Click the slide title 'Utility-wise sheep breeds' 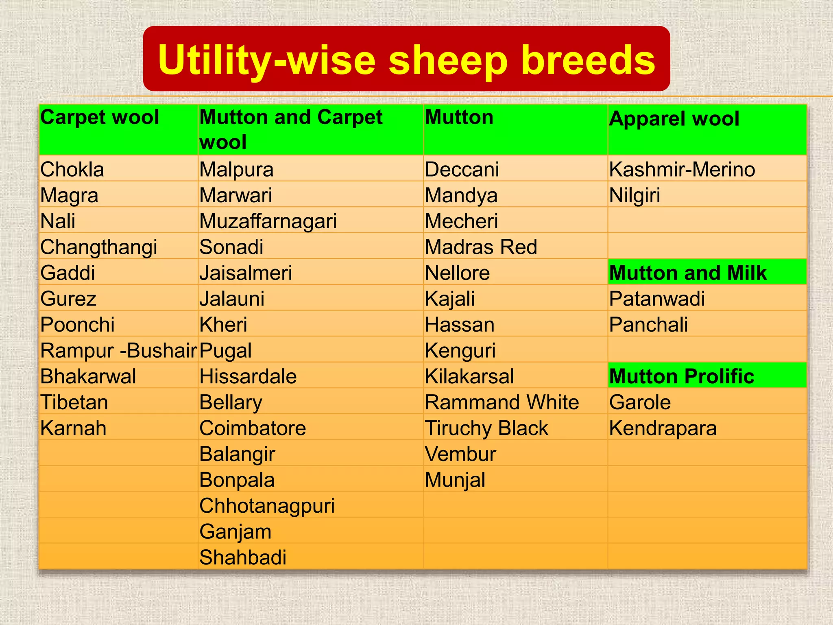[406, 60]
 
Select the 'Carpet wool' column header [100, 118]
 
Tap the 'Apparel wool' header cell [674, 119]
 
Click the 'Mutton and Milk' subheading [688, 273]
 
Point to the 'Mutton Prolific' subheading [682, 376]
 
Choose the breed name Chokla [72, 169]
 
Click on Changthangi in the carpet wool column [99, 247]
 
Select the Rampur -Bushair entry [118, 350]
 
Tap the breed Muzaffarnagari [268, 221]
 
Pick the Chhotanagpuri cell [267, 506]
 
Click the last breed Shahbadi [243, 557]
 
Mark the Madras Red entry [481, 247]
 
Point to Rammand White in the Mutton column [502, 402]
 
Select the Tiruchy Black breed [486, 428]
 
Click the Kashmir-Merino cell [682, 169]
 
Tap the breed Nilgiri [635, 195]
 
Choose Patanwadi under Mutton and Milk [657, 299]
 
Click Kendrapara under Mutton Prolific [663, 428]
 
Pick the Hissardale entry [248, 376]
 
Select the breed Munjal [455, 480]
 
